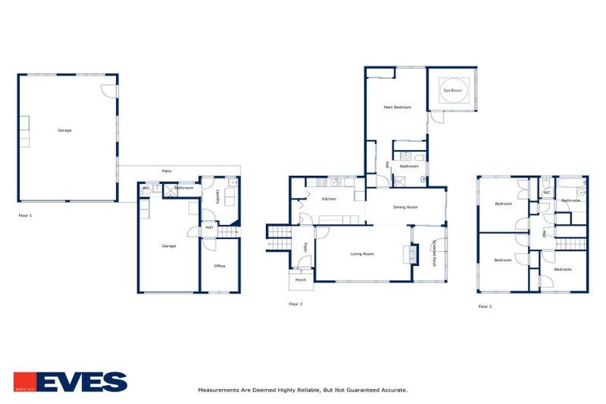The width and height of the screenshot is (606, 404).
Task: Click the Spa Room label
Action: click(451, 91)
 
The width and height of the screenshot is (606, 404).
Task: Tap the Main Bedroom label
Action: click(397, 107)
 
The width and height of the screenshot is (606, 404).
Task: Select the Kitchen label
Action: click(328, 199)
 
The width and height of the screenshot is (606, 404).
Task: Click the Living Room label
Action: click(361, 254)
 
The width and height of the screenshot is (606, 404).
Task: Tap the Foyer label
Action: click(305, 248)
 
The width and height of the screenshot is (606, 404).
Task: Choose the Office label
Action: click(220, 266)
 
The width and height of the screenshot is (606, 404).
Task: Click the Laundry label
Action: click(216, 198)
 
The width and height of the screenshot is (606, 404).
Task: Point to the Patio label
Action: click(166, 170)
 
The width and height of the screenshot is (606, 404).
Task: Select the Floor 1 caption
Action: click(26, 214)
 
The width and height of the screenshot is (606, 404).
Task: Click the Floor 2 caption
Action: click(296, 304)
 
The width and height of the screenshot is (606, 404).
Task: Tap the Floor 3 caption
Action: click(485, 305)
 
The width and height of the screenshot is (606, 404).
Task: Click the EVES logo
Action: click(70, 382)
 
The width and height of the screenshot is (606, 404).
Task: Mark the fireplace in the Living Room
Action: click(408, 254)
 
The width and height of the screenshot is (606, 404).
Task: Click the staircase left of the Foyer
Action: click(279, 231)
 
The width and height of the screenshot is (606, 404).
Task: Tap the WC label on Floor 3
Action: click(546, 192)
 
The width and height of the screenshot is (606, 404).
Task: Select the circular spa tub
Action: click(453, 91)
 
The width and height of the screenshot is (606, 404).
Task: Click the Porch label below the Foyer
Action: click(301, 279)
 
